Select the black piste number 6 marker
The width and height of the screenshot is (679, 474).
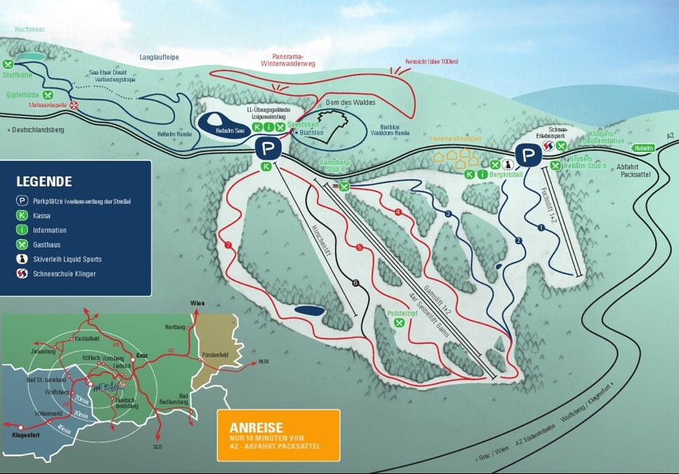click(356, 283)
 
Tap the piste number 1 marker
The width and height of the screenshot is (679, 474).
click(541, 227)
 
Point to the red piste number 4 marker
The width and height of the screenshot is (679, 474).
click(398, 212)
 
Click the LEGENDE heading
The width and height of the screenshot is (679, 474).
click(44, 181)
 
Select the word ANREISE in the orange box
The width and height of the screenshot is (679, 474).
click(256, 427)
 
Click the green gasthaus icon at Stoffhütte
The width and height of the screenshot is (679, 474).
click(8, 65)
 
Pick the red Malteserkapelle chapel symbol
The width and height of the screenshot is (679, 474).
click(74, 105)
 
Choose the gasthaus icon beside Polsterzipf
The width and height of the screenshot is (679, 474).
click(399, 323)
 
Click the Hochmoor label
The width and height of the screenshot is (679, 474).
click(30, 30)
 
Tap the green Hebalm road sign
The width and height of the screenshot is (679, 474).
click(642, 148)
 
